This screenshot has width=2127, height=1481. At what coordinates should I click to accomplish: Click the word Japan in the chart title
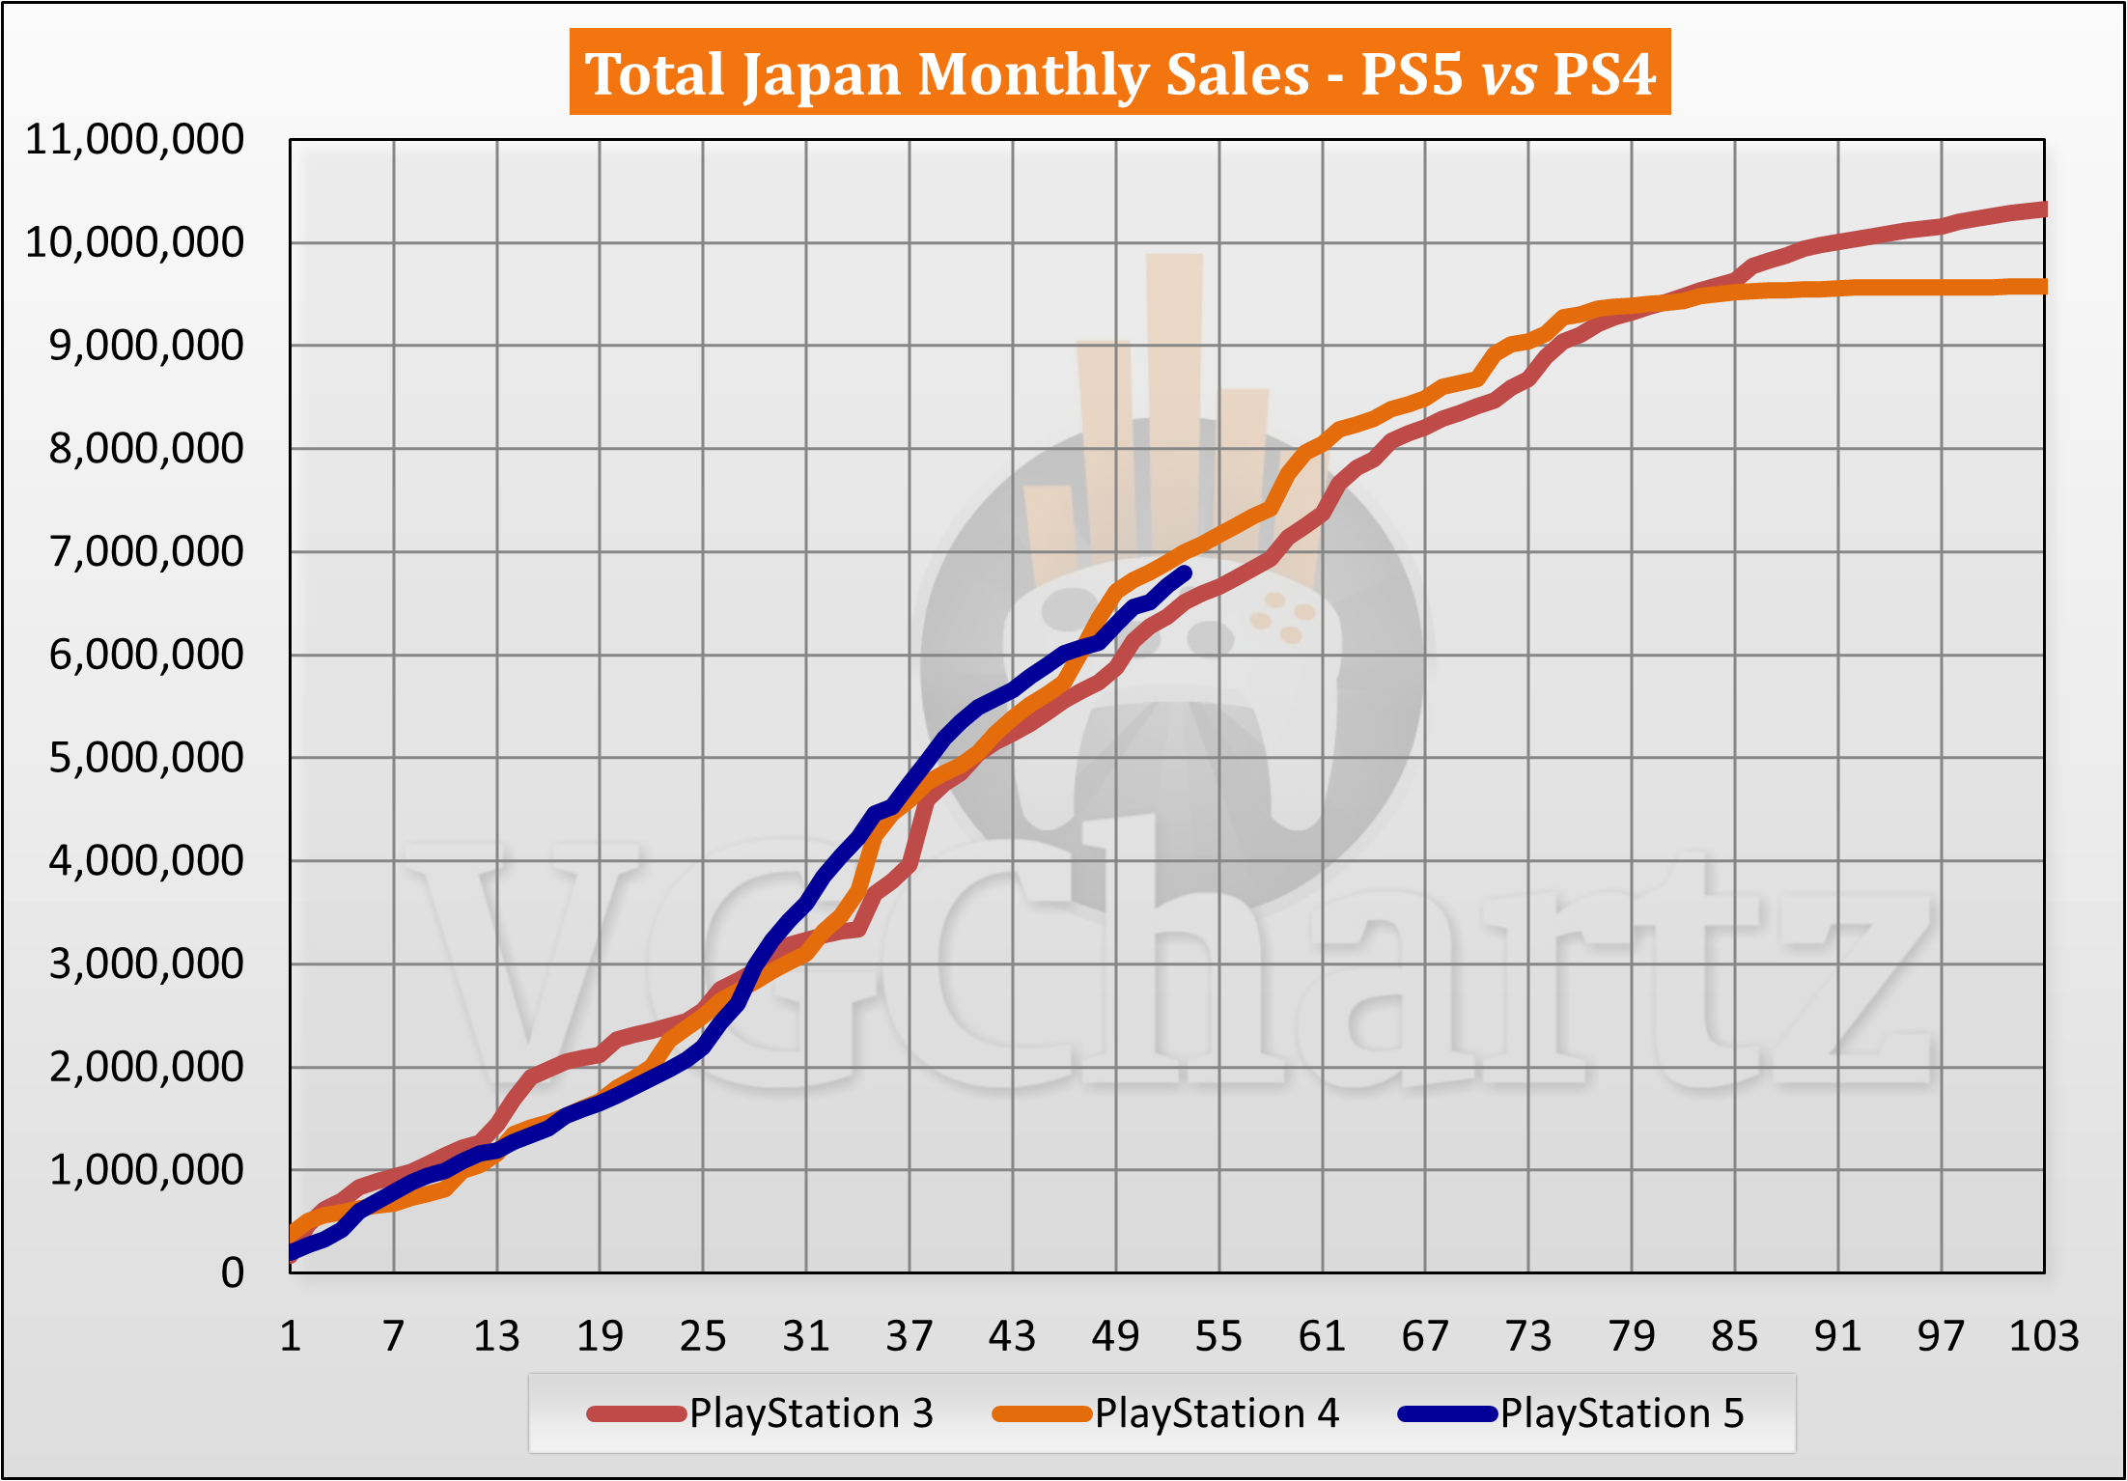[x=823, y=74]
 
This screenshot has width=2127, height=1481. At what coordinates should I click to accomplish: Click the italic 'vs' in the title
[x=1509, y=76]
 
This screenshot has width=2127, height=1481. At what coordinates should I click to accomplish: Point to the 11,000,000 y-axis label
[x=134, y=140]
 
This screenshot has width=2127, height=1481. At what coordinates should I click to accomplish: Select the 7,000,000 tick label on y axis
[x=146, y=552]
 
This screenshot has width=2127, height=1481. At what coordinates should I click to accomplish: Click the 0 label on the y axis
[x=232, y=1272]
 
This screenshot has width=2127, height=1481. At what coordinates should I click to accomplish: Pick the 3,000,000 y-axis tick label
[x=146, y=964]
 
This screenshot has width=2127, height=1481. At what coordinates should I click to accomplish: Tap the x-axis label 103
[x=2043, y=1336]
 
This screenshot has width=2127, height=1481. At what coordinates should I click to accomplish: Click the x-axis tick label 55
[x=1218, y=1336]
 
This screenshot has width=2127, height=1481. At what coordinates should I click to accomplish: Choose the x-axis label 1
[x=291, y=1336]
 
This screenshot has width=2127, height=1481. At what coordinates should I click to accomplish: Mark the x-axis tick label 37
[x=910, y=1336]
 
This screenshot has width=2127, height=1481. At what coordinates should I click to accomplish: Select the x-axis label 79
[x=1632, y=1336]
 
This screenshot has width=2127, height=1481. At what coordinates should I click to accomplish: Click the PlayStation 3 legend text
[x=811, y=1413]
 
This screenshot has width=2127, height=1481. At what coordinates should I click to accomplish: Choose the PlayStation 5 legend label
[x=1622, y=1413]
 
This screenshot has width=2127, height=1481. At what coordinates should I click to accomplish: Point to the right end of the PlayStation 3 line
[x=2041, y=210]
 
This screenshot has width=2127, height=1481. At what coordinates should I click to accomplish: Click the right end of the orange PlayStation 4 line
[x=2041, y=287]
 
